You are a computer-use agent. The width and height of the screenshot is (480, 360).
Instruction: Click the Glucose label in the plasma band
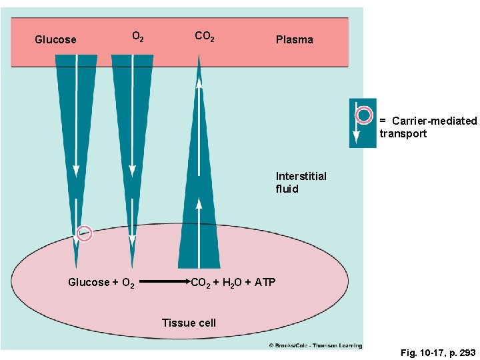55,40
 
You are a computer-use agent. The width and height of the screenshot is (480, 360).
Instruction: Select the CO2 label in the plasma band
204,36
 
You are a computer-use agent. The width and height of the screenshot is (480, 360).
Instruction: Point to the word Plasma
294,40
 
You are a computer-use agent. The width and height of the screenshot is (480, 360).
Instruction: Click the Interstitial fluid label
301,183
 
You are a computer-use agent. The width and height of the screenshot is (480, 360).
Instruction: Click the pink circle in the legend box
363,115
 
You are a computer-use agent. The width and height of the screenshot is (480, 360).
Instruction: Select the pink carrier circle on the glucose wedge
84,233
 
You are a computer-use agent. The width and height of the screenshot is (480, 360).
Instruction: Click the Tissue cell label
189,323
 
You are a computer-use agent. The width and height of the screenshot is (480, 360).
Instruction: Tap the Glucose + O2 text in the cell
101,283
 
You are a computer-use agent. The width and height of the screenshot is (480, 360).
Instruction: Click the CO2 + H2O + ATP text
233,283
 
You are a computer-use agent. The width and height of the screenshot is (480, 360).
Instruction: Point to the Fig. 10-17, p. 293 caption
437,351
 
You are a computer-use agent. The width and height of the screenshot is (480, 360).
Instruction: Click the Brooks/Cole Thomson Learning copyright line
315,345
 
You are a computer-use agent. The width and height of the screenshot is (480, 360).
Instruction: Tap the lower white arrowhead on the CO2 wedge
199,203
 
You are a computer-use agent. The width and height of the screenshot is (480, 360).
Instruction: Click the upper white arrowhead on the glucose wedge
76,171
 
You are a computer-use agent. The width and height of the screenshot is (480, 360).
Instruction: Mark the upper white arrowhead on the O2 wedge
133,171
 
